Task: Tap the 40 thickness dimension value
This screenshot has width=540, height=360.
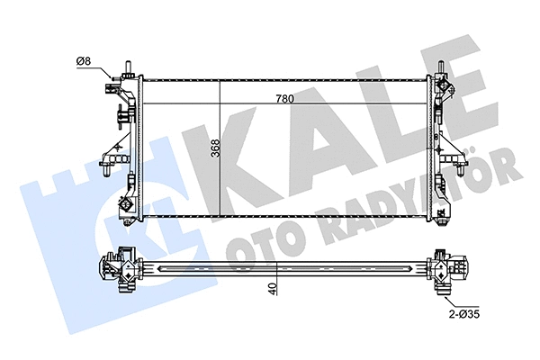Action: [x=271, y=289]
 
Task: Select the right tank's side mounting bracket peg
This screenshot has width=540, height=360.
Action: [x=461, y=166]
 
